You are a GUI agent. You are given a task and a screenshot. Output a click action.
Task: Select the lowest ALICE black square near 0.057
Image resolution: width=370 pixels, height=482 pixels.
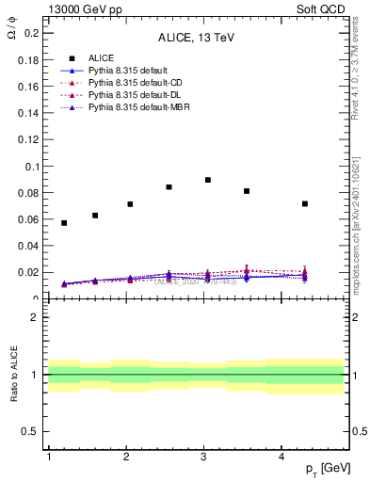[64, 223]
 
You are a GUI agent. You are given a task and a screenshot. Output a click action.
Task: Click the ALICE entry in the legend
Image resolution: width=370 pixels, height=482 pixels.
[101, 57]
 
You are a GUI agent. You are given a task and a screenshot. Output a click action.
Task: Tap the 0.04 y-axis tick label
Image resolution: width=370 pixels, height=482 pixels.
[28, 247]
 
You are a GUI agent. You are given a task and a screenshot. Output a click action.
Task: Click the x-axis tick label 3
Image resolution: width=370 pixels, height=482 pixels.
[204, 457]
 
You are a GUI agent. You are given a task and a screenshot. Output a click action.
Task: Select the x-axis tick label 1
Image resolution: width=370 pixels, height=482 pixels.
[48, 457]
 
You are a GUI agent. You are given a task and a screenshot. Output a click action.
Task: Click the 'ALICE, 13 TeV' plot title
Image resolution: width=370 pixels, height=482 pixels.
[195, 39]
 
